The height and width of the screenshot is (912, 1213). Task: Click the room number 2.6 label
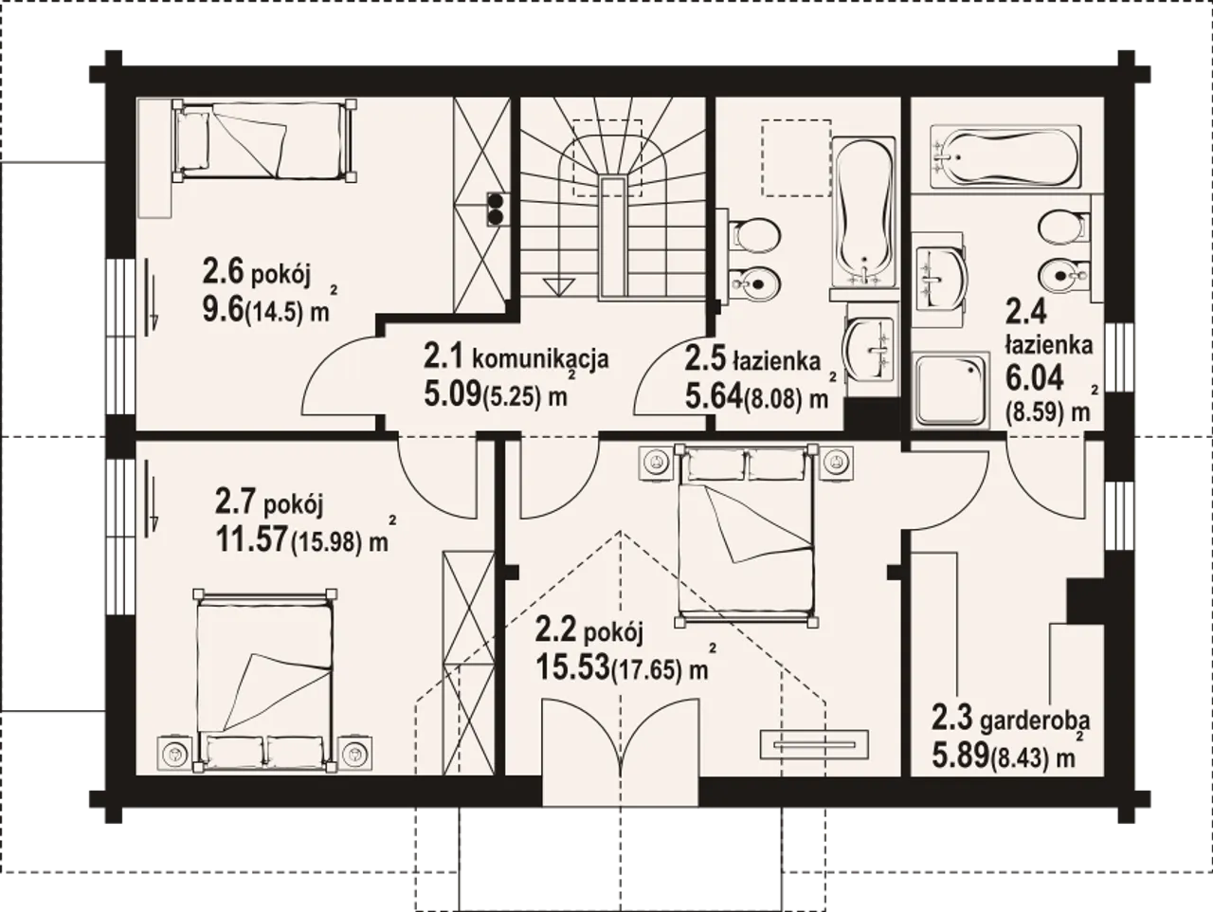point(224,272)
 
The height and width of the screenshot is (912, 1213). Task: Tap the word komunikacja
point(540,360)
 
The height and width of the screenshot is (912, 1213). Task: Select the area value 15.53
point(573,667)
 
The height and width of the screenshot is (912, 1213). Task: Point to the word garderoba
point(1035,722)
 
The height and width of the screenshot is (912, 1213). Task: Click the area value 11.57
point(252,538)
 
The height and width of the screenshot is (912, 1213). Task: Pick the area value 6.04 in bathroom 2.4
point(1034,379)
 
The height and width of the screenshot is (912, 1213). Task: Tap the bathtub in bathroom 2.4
point(1005,157)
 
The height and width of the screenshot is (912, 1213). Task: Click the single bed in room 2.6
point(264,140)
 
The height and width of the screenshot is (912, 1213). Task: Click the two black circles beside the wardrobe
point(496,209)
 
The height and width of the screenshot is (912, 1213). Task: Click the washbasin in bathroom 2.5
point(870,349)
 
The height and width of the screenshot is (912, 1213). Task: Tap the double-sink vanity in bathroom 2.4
point(939,279)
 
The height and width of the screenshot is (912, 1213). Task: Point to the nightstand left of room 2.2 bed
point(656,461)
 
